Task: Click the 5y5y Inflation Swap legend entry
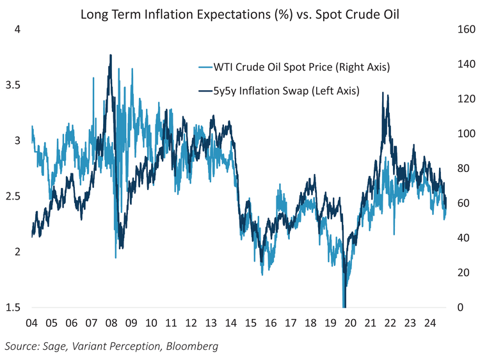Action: click(287, 91)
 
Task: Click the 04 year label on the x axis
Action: click(32, 323)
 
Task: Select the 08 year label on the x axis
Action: click(111, 323)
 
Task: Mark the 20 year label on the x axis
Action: click(351, 323)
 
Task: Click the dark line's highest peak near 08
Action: click(111, 55)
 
